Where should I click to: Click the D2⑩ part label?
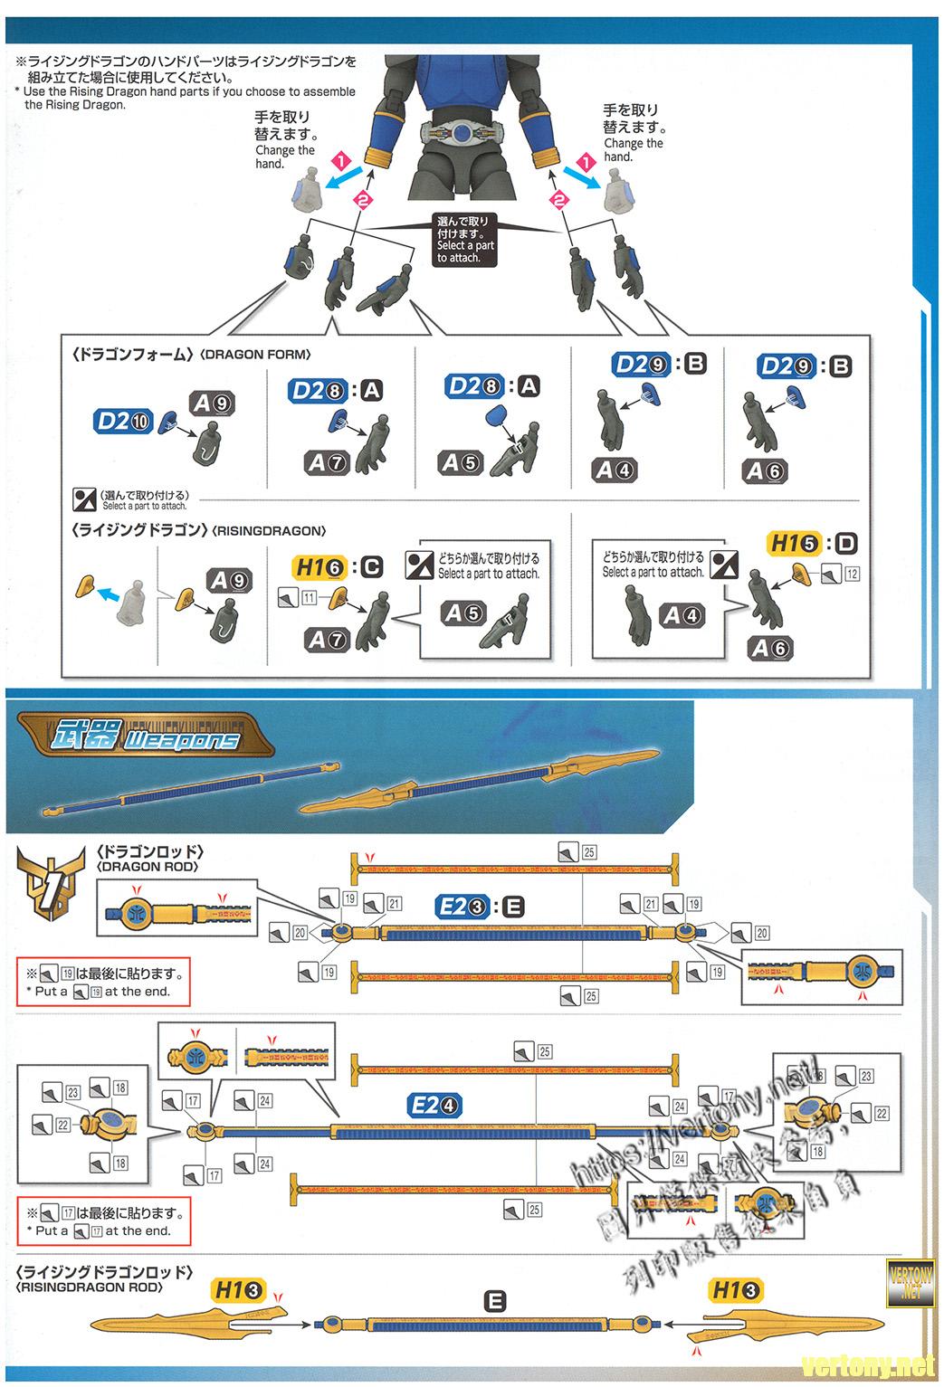coord(124,421)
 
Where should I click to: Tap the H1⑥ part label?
coord(319,567)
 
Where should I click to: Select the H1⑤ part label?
coord(794,544)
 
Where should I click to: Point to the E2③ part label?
coord(462,906)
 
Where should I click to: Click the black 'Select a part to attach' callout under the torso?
coord(465,240)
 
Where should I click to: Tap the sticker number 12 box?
coord(852,574)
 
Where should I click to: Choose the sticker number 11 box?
coord(309,597)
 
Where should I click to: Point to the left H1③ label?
coord(238,1291)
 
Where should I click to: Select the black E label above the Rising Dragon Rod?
coord(494,1301)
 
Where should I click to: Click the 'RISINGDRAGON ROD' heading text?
coord(90,1287)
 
